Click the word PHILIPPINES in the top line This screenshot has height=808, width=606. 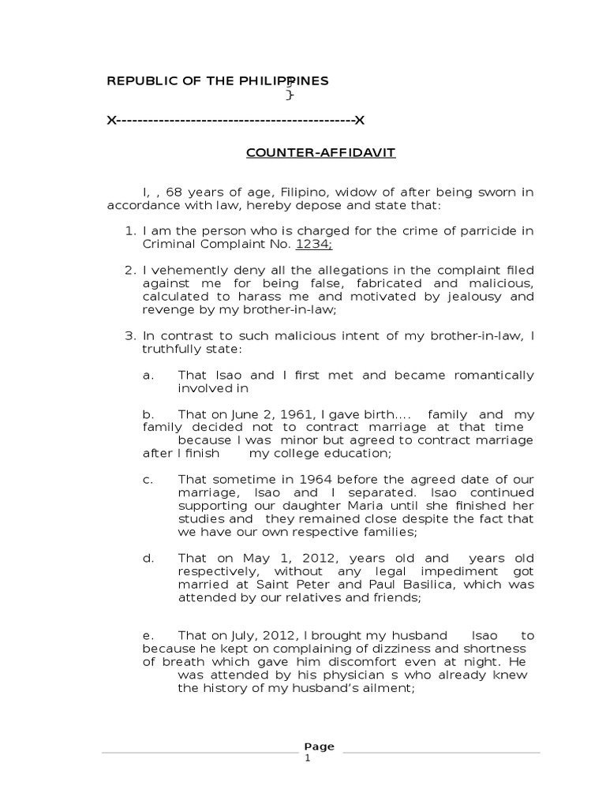click(285, 80)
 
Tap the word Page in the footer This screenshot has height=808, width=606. click(319, 746)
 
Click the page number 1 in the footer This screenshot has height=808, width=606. click(309, 758)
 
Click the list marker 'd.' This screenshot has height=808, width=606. click(148, 558)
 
